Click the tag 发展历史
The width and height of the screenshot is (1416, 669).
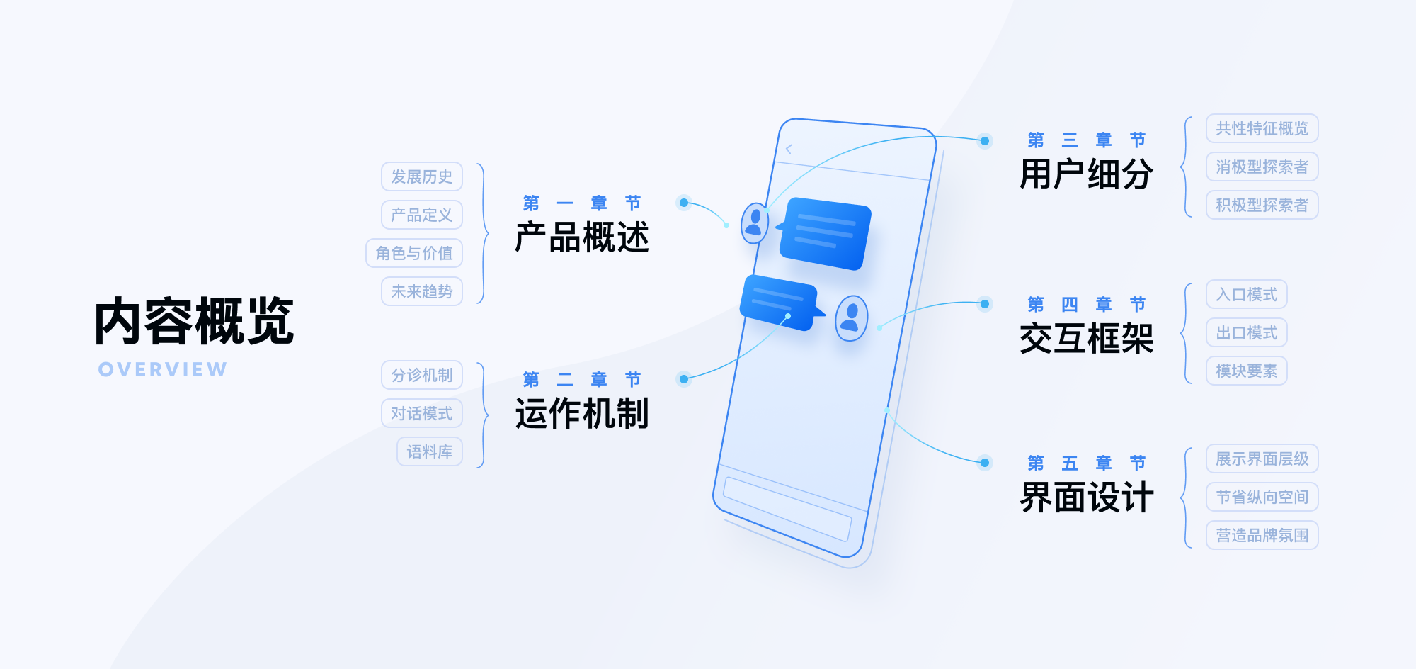pyautogui.click(x=422, y=176)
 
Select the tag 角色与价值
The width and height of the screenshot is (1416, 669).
pyautogui.click(x=414, y=253)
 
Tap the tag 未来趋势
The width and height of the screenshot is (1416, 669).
pyautogui.click(x=422, y=291)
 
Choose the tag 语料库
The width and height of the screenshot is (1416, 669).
pyautogui.click(x=430, y=451)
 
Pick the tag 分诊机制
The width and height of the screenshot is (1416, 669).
pyautogui.click(x=422, y=375)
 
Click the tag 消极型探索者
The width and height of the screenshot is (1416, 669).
pyautogui.click(x=1262, y=167)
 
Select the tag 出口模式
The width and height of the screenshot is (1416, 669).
pyautogui.click(x=1247, y=332)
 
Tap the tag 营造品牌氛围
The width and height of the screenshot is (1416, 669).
pyautogui.click(x=1262, y=535)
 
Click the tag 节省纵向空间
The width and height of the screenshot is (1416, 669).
pyautogui.click(x=1262, y=497)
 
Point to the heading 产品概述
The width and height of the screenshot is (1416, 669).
pyautogui.click(x=582, y=237)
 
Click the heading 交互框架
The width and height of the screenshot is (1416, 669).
pyautogui.click(x=1087, y=338)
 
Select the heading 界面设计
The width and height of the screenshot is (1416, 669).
pyautogui.click(x=1087, y=497)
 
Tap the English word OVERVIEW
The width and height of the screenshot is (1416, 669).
pyautogui.click(x=163, y=369)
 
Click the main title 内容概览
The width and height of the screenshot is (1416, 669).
pyautogui.click(x=195, y=321)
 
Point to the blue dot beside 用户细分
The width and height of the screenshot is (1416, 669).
pyautogui.click(x=985, y=141)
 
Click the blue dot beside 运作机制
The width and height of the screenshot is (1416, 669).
pyautogui.click(x=684, y=379)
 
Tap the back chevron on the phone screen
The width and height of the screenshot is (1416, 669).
pyautogui.click(x=789, y=149)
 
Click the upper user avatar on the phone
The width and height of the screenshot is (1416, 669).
pyautogui.click(x=755, y=223)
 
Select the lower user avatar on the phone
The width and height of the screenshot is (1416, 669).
pyautogui.click(x=852, y=318)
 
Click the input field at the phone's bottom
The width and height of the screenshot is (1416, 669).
pyautogui.click(x=787, y=508)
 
